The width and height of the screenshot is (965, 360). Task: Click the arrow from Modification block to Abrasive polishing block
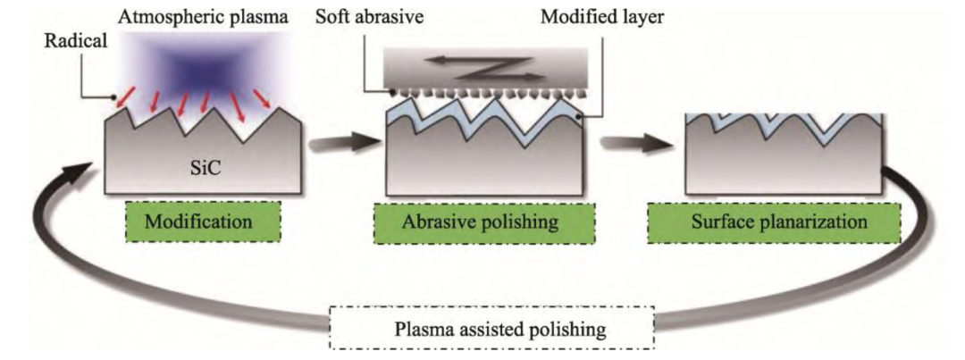pyautogui.click(x=339, y=142)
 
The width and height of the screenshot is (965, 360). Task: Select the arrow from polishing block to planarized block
pyautogui.click(x=637, y=142)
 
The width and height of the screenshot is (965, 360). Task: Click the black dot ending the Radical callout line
pyautogui.click(x=113, y=99)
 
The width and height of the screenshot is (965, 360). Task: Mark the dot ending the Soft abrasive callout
pyautogui.click(x=392, y=92)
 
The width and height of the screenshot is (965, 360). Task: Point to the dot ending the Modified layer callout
pyautogui.click(x=582, y=116)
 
